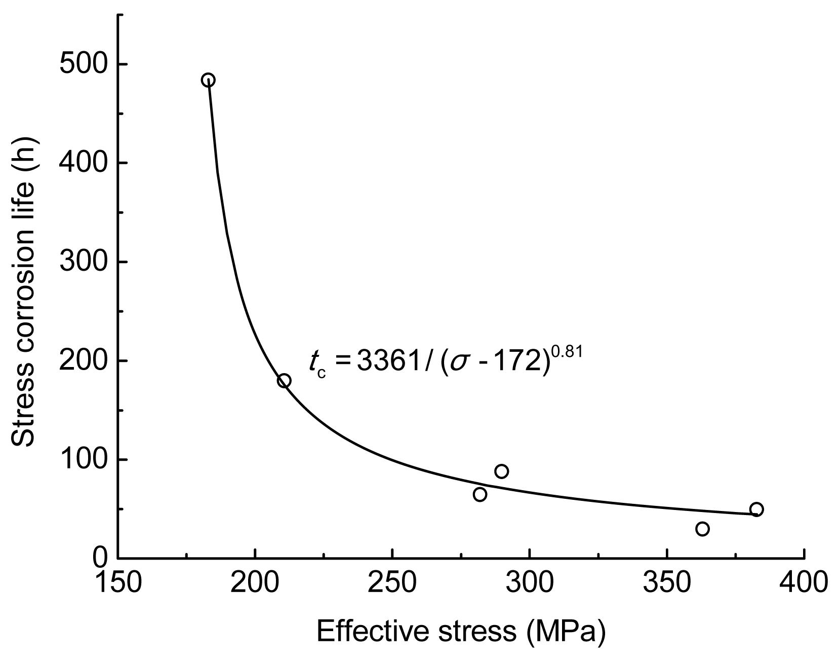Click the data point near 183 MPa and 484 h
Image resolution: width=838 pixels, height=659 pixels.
[208, 80]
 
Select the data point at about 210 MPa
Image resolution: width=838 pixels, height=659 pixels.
[284, 381]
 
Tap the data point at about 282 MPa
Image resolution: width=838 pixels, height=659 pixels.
[480, 494]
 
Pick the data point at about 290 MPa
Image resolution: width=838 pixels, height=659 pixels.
[502, 471]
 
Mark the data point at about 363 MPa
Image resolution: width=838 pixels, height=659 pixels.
[702, 529]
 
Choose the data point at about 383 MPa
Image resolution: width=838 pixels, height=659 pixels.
[756, 509]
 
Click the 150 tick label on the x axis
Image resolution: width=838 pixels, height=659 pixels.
[118, 581]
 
